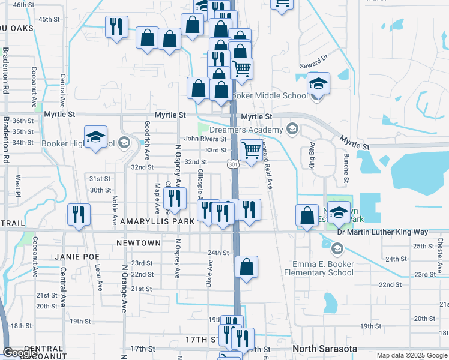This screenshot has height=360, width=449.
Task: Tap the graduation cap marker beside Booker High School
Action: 95,138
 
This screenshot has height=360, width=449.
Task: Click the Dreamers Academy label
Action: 255,130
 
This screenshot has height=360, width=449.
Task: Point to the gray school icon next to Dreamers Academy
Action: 292,128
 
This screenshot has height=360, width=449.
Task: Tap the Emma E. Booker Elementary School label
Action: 323,268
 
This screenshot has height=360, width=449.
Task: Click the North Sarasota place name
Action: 324,349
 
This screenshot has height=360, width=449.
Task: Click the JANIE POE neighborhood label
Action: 76,256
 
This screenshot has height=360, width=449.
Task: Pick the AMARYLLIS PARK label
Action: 157,221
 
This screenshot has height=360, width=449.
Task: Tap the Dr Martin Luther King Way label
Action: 391,232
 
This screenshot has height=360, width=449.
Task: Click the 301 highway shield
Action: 234,163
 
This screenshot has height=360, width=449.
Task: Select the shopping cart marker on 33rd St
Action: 250,149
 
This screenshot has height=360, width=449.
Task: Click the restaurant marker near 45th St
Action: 116,27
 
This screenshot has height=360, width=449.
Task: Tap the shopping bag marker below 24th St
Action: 247,268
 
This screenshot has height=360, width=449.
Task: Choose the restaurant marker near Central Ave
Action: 79,215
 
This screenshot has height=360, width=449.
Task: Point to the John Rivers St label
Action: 205,139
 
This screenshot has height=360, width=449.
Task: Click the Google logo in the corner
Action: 20,353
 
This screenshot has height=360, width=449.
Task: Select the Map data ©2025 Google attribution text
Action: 411,355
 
